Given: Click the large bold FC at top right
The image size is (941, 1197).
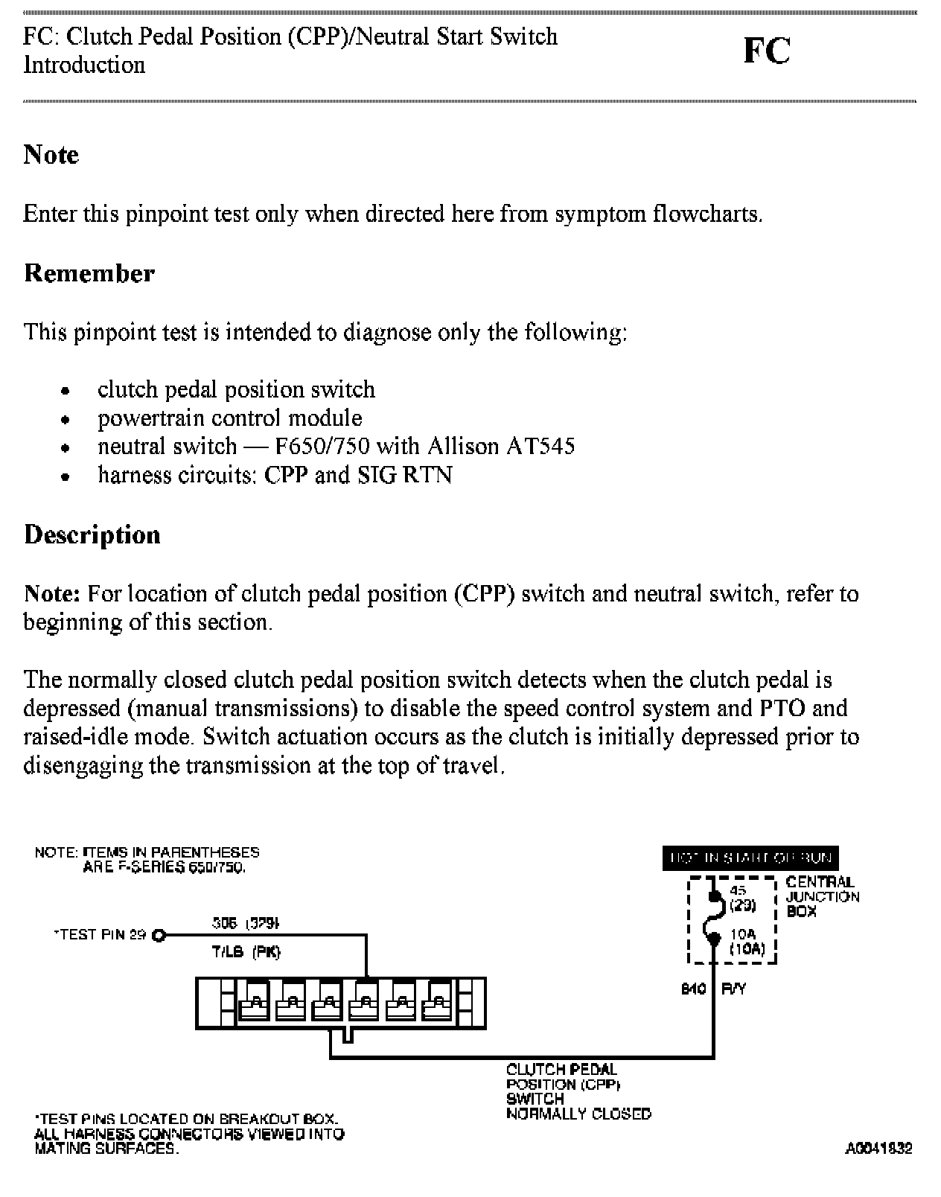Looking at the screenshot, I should point(766,51).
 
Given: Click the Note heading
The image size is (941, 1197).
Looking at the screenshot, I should point(51,154).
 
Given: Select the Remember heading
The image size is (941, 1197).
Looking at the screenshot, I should point(89,273).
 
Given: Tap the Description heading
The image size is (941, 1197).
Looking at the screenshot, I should point(92,534).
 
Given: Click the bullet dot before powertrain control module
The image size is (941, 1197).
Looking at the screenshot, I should point(66,420).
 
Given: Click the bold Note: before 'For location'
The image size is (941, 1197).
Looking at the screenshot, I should point(51,594).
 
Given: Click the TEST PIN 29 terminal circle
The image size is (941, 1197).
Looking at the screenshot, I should point(158,936).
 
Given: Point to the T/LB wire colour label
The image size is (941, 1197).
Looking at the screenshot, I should point(226,952).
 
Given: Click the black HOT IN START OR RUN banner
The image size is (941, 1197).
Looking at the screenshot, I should point(750,858).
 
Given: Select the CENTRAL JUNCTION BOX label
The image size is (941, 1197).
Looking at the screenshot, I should point(822,896).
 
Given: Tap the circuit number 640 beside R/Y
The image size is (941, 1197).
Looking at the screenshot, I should point(694,989).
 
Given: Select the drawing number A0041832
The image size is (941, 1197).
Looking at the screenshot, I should point(878,1149).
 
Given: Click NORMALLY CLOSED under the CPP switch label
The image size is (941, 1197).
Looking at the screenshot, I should point(578,1114).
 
